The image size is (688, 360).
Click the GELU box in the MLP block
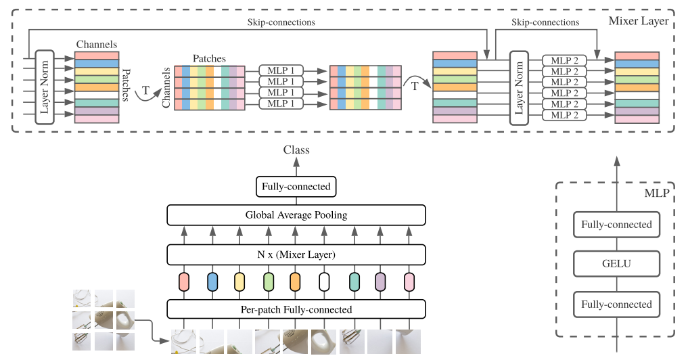[616, 265]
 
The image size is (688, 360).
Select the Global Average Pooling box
[296, 215]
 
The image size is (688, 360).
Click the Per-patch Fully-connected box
[296, 309]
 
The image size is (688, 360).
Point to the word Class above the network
[296, 150]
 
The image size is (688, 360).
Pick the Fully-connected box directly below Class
[296, 186]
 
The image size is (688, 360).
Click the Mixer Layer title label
[638, 21]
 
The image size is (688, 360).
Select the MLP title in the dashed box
[656, 194]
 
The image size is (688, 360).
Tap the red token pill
[184, 282]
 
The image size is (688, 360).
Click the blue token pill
[212, 282]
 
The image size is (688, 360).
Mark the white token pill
[324, 282]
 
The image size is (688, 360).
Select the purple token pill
[380, 282]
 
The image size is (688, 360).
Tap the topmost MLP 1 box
[281, 70]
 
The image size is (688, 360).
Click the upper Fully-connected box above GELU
[616, 225]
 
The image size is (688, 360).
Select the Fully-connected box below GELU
[616, 305]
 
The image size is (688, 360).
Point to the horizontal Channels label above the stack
[96, 45]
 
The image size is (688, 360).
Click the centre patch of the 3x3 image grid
[104, 319]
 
